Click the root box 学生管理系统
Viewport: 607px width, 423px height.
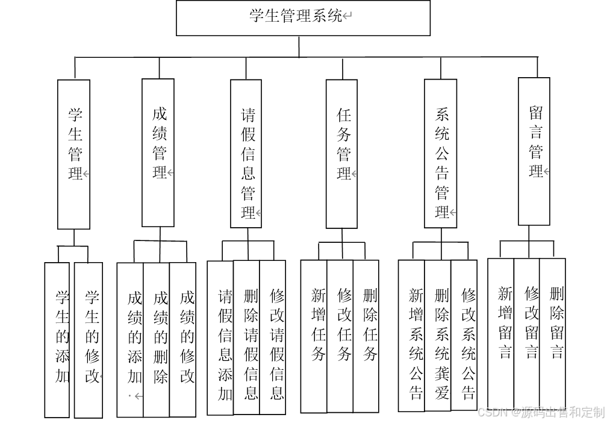[x=303, y=17]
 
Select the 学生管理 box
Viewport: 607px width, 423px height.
[x=74, y=154]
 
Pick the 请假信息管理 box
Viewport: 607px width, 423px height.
[x=246, y=154]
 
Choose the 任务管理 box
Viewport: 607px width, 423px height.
[x=342, y=154]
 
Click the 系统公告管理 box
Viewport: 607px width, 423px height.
[x=440, y=154]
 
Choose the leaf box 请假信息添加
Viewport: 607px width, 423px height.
[x=220, y=337]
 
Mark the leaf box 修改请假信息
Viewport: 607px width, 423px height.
[x=273, y=337]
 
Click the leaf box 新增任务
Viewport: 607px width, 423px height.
[x=314, y=336]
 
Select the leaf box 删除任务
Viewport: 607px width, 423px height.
[x=366, y=336]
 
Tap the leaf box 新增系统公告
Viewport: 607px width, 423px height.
[x=412, y=336]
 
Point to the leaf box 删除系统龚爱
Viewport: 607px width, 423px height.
[x=438, y=336]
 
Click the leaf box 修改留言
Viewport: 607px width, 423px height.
[x=527, y=334]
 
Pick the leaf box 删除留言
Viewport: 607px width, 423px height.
[x=553, y=334]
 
